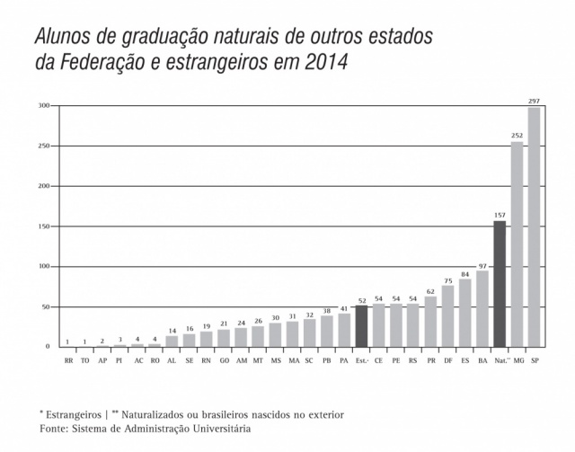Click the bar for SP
[x=534, y=226]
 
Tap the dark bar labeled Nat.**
[x=500, y=283]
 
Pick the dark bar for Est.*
[x=361, y=325]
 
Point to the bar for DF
[x=447, y=316]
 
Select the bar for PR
[x=430, y=321]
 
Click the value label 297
[x=534, y=101]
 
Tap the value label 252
[x=517, y=137]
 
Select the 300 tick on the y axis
[x=43, y=106]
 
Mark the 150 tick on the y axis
[x=43, y=226]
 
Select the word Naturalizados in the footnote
[x=161, y=414]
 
